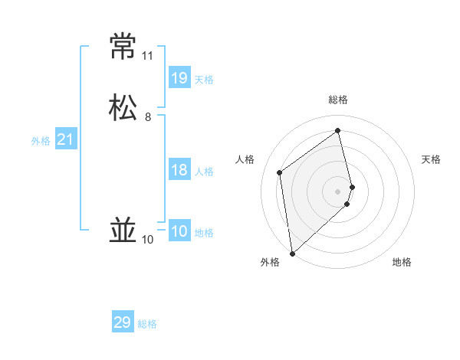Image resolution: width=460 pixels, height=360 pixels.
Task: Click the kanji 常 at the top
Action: (123, 47)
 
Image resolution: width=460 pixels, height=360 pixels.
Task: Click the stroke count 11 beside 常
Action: (147, 56)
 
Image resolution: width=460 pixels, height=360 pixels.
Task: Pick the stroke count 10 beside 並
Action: (147, 240)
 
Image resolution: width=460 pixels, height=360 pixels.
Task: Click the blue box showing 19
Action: (179, 77)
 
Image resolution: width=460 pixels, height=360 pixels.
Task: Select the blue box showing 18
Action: (179, 170)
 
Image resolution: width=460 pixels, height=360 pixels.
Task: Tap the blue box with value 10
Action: (179, 231)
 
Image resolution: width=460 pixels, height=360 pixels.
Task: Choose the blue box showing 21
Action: (66, 139)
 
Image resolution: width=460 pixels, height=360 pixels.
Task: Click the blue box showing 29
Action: (123, 322)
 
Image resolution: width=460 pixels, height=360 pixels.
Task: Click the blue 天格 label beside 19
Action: (204, 80)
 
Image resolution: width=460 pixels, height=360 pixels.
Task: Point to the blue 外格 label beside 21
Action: (41, 141)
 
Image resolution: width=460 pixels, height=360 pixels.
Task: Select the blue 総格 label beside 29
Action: (147, 324)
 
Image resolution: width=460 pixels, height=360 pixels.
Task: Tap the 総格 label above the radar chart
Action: (338, 100)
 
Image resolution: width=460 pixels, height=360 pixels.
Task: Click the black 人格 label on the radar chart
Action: (245, 159)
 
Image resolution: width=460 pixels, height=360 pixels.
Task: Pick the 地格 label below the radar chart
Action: (402, 262)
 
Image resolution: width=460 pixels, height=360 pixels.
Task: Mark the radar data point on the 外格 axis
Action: (291, 254)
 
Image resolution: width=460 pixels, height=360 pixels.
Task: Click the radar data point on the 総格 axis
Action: (338, 130)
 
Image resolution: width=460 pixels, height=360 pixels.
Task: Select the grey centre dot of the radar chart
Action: (338, 191)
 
